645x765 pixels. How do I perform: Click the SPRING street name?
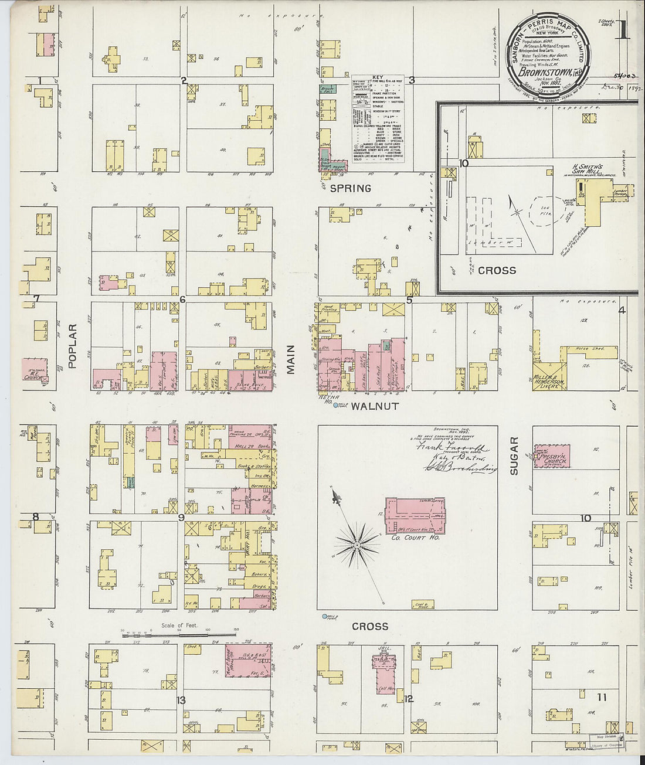coord(350,188)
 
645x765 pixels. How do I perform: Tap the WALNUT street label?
coord(375,406)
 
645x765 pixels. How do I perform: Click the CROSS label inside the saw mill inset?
coord(497,270)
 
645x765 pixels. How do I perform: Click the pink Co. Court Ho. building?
coord(415,515)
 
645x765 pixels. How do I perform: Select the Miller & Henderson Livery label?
coord(549,382)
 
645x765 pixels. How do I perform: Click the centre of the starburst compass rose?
coord(357,545)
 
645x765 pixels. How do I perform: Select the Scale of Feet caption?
coord(179,625)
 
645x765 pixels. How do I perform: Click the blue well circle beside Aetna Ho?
coord(336,406)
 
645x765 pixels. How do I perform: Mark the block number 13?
coord(181,700)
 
